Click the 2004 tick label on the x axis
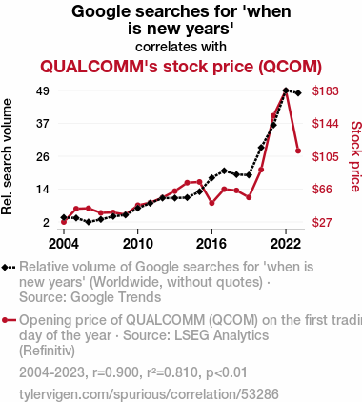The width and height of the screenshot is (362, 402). pyautogui.click(x=64, y=244)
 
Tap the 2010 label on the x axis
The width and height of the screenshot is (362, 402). pyautogui.click(x=137, y=244)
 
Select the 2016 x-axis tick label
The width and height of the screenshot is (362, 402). pyautogui.click(x=211, y=244)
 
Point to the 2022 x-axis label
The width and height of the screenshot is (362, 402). pyautogui.click(x=286, y=244)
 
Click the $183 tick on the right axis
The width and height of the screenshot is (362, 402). pyautogui.click(x=325, y=91)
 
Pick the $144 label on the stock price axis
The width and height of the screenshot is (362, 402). pyautogui.click(x=325, y=124)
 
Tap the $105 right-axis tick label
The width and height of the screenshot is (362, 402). pyautogui.click(x=325, y=156)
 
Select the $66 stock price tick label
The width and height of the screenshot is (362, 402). pyautogui.click(x=322, y=190)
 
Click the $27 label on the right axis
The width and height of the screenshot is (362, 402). pyautogui.click(x=322, y=222)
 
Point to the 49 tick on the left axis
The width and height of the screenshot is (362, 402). pyautogui.click(x=43, y=91)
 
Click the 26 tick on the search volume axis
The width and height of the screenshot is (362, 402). pyautogui.click(x=43, y=156)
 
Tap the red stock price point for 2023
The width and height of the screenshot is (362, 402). pyautogui.click(x=298, y=151)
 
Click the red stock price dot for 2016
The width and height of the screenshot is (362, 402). pyautogui.click(x=211, y=203)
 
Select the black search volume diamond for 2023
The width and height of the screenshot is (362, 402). pyautogui.click(x=298, y=93)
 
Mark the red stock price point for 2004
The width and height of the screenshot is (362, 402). pyautogui.click(x=64, y=222)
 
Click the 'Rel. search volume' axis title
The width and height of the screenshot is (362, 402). pyautogui.click(x=7, y=156)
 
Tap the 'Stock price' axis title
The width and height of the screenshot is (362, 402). pyautogui.click(x=355, y=156)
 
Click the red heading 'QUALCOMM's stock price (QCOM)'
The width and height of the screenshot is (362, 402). pyautogui.click(x=181, y=67)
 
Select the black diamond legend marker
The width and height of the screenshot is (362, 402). pyautogui.click(x=9, y=267)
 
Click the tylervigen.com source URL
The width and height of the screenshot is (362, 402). pyautogui.click(x=149, y=394)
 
